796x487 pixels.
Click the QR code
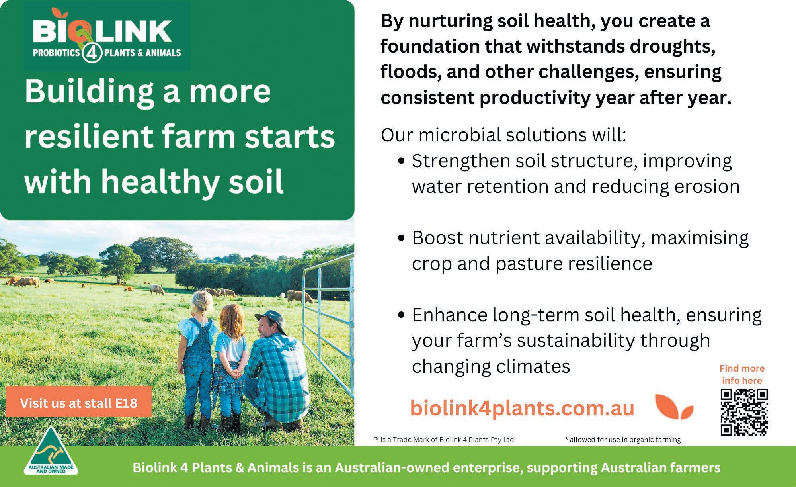point(744,412)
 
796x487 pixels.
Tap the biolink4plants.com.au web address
point(522,409)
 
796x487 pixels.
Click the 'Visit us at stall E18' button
point(78,402)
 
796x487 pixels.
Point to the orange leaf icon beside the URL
point(674,407)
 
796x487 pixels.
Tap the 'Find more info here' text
point(742,374)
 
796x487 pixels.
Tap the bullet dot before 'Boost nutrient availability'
point(402,239)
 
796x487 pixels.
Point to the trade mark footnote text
point(444,440)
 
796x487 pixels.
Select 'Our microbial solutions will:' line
point(504,135)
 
